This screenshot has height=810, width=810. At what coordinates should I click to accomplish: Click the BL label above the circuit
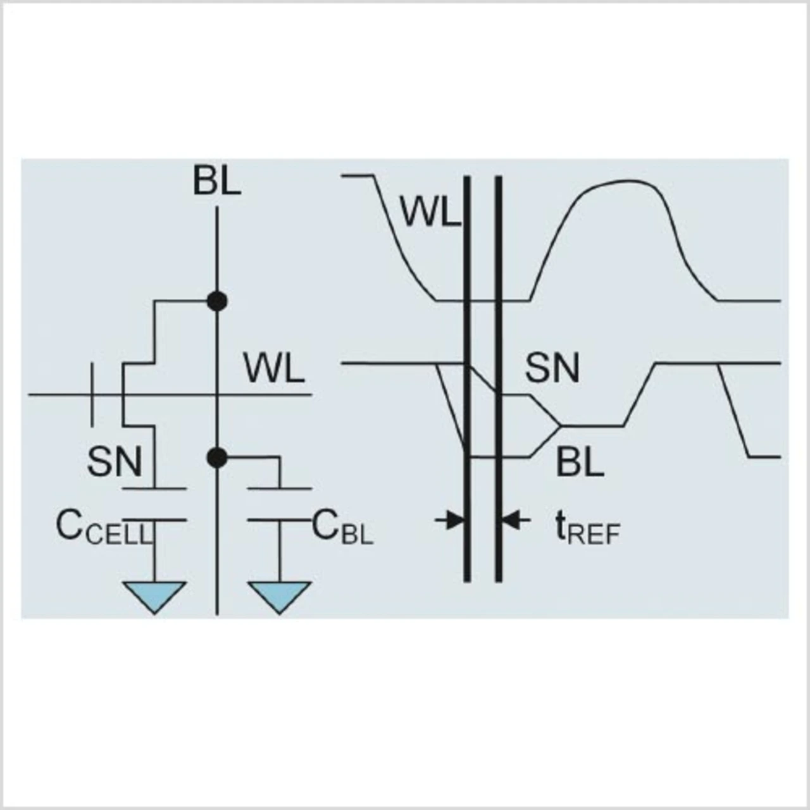coord(217,182)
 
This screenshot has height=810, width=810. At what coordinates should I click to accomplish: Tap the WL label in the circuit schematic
coord(274,370)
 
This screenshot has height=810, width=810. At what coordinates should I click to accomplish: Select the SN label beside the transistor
coord(115,461)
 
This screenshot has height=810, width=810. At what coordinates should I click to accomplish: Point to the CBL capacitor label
coord(342,528)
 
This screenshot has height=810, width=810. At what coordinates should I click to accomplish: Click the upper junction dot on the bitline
coord(217,301)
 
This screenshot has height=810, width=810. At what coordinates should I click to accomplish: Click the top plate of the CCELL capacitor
coord(155,489)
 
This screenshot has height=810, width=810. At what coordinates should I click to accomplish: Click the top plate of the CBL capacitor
coord(279,489)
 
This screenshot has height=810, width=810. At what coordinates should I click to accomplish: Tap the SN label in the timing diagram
coord(552,368)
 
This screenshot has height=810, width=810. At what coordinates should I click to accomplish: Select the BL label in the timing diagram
coord(580,463)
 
